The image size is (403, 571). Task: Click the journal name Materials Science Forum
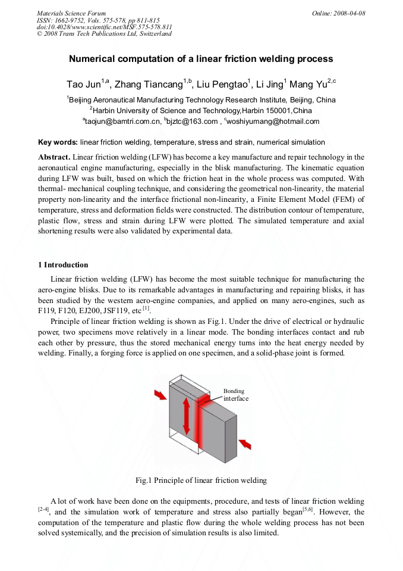coord(71,13)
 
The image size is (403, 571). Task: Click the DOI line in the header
coord(104,27)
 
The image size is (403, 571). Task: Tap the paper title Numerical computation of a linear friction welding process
coord(201,59)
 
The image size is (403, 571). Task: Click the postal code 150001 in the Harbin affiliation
coord(278,111)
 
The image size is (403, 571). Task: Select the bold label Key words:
coord(58,142)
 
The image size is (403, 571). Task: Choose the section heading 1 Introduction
coord(62,265)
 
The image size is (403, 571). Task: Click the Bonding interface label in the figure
coord(235,395)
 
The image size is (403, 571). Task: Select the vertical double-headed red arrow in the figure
coord(187,416)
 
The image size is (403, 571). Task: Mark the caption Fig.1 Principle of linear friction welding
coord(201,480)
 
